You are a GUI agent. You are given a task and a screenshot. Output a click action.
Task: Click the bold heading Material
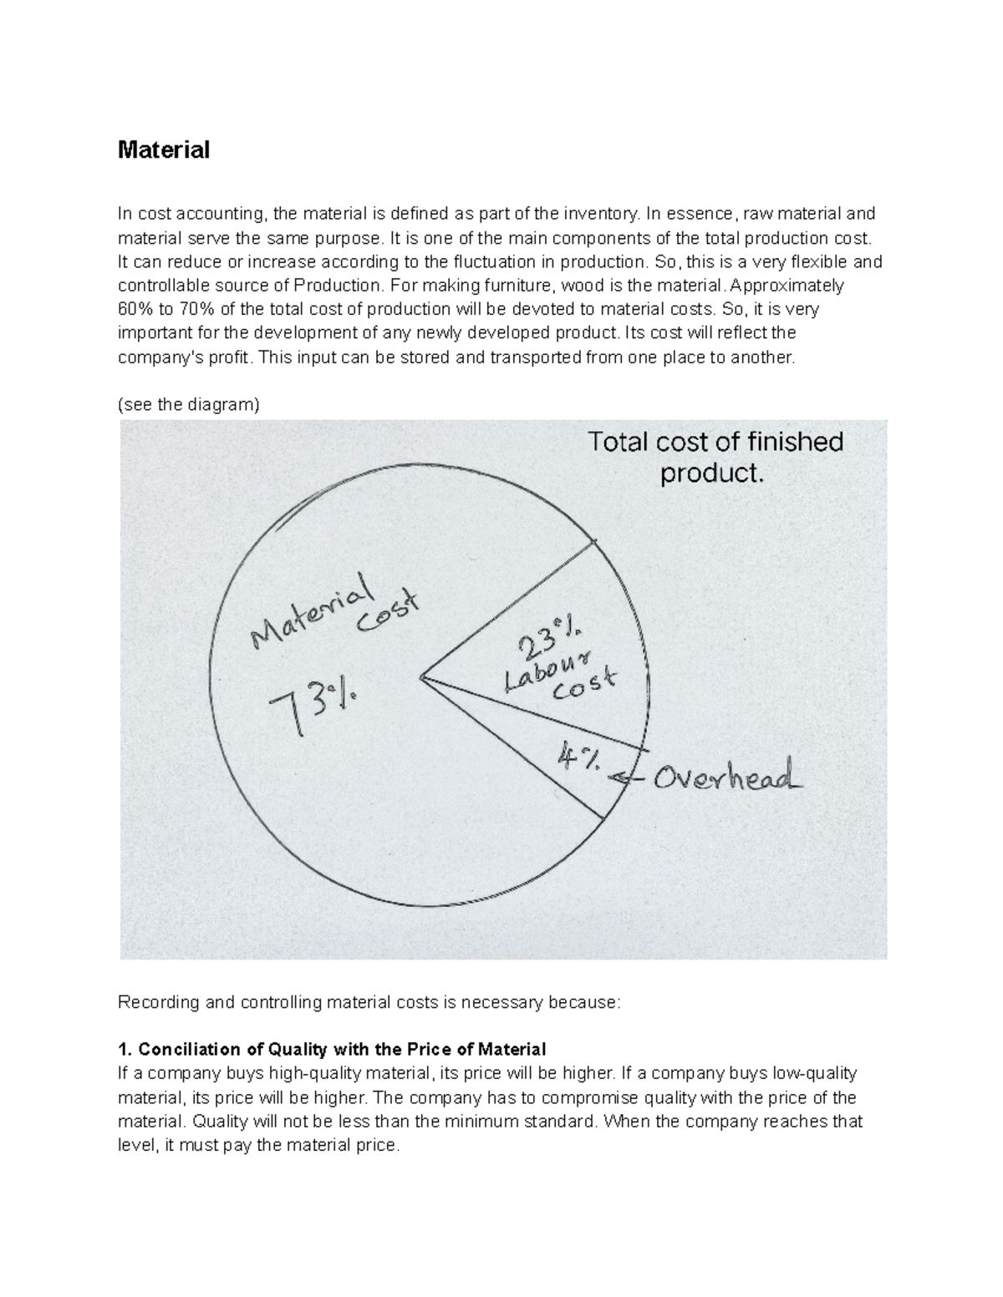[164, 150]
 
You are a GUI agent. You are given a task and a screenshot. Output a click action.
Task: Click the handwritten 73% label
[313, 705]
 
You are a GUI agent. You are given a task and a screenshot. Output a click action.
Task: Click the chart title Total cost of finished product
[715, 457]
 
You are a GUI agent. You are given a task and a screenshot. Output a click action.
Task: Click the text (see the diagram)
[189, 405]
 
